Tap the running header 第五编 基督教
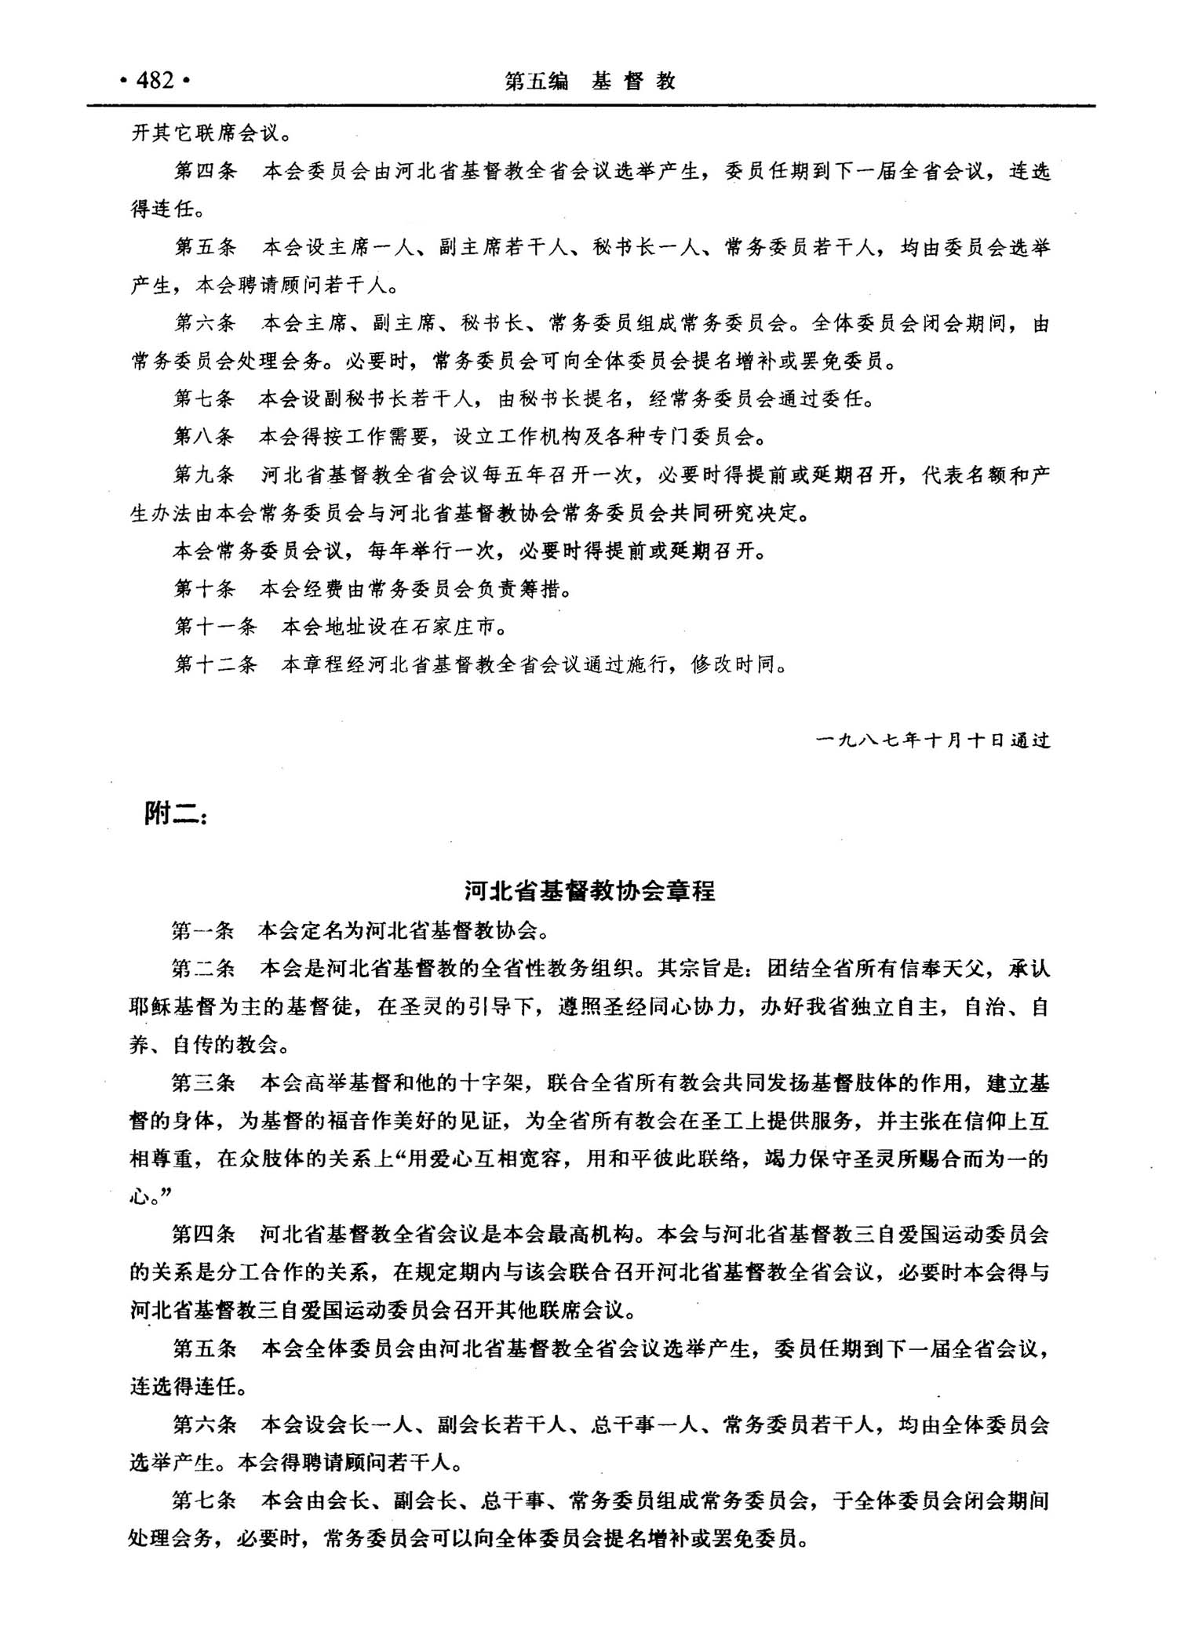(590, 81)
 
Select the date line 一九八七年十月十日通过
(933, 740)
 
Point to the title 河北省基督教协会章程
(589, 892)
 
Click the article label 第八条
(204, 436)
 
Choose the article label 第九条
(204, 475)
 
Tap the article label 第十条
(204, 588)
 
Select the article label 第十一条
(215, 627)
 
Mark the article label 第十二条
(215, 665)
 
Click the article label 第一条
(203, 931)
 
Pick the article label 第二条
(203, 969)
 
